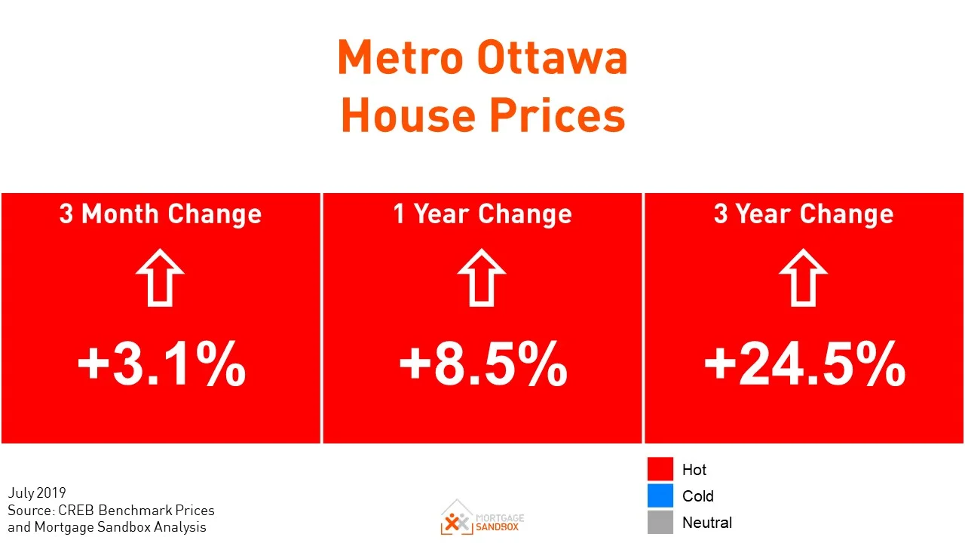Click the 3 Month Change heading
(x=161, y=214)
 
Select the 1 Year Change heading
(x=482, y=214)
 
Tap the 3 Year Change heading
(x=804, y=214)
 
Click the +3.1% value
(x=161, y=364)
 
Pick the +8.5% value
(x=482, y=364)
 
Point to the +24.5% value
(x=804, y=364)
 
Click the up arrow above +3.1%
(x=160, y=277)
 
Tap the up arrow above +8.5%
(x=482, y=277)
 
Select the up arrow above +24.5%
(x=803, y=277)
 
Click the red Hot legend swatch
(x=660, y=469)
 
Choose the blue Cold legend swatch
(x=660, y=495)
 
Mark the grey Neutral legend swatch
(x=660, y=522)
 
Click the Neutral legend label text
(x=706, y=522)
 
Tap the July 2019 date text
(x=37, y=494)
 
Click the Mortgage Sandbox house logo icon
(x=457, y=517)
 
